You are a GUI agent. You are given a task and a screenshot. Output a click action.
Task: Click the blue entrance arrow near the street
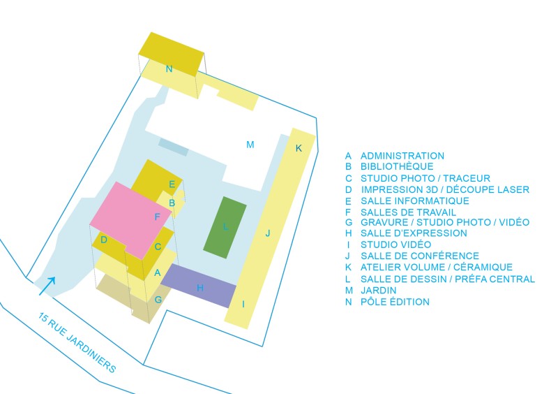point(47,284)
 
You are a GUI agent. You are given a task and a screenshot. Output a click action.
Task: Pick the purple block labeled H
point(199,286)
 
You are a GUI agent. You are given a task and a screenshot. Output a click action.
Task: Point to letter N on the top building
point(169,69)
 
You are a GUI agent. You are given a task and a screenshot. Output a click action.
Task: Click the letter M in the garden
point(250,145)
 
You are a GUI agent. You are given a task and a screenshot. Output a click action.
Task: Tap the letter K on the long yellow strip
point(299,148)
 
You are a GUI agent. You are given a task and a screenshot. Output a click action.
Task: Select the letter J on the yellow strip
point(268,233)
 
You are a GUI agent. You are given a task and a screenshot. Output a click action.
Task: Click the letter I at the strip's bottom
point(243,304)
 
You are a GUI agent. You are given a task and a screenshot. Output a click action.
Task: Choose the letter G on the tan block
point(158,300)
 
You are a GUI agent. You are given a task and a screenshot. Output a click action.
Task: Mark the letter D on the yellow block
point(104,240)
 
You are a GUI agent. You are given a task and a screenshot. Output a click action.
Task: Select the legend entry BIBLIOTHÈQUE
point(396,167)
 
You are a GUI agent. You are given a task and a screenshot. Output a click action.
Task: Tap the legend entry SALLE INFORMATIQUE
point(414,200)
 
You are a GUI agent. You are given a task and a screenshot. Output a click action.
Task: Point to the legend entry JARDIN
point(378,290)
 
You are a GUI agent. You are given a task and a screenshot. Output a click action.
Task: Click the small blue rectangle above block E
point(173,147)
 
